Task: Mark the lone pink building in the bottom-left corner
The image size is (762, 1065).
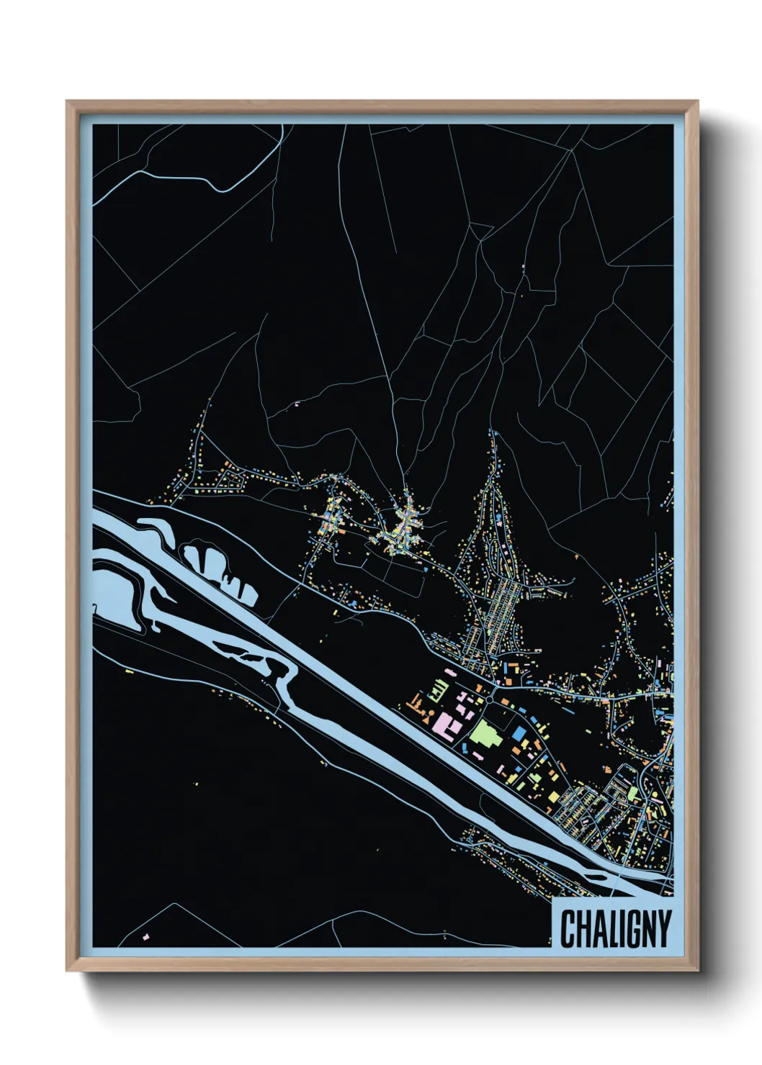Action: click(x=146, y=937)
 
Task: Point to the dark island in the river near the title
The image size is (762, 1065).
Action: click(x=597, y=876)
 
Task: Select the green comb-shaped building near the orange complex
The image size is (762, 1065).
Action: click(x=437, y=692)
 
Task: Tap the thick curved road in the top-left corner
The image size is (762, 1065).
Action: click(x=180, y=177)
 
